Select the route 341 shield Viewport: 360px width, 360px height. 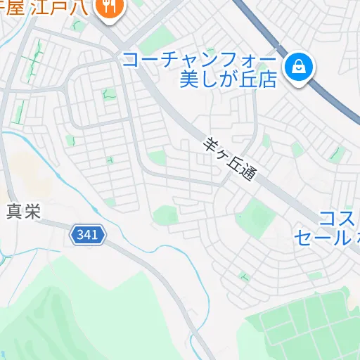tap(88, 236)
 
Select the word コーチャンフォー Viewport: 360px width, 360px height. tap(200, 60)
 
